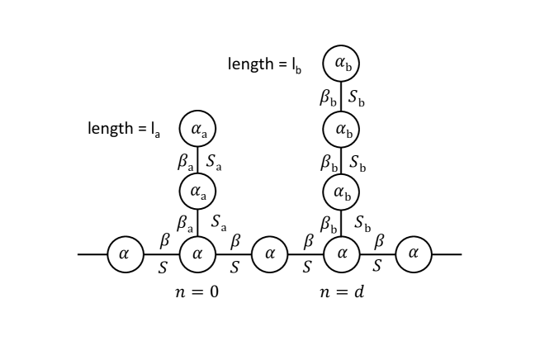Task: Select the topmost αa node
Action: (197, 128)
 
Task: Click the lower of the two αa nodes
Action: (197, 191)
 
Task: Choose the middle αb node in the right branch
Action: (341, 128)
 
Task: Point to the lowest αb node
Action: (341, 191)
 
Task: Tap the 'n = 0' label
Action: (197, 292)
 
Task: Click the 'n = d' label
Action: (340, 292)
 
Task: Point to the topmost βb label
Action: (328, 97)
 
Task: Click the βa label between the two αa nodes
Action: (184, 159)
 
